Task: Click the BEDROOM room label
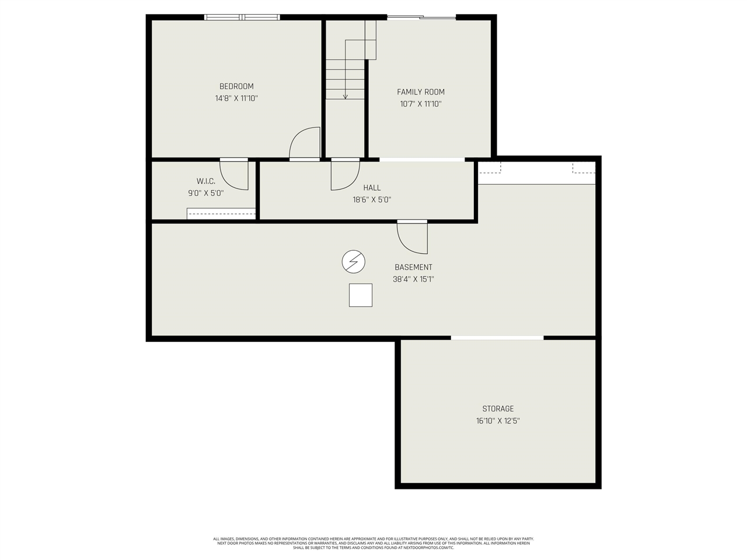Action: pyautogui.click(x=236, y=86)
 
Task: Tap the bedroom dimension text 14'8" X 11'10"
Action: pyautogui.click(x=236, y=99)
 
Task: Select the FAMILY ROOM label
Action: pyautogui.click(x=421, y=92)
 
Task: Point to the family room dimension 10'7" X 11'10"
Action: pyautogui.click(x=421, y=104)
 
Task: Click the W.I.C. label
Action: pyautogui.click(x=205, y=181)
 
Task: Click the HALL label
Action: pyautogui.click(x=372, y=187)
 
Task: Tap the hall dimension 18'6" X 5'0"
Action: pyautogui.click(x=372, y=199)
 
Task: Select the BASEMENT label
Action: pyautogui.click(x=413, y=267)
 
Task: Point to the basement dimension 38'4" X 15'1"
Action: pyautogui.click(x=413, y=279)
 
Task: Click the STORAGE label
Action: pyautogui.click(x=498, y=408)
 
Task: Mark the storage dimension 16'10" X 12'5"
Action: pyautogui.click(x=498, y=421)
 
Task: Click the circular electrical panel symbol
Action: pyautogui.click(x=353, y=262)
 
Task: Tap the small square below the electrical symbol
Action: pyautogui.click(x=361, y=295)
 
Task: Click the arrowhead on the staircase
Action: pyautogui.click(x=345, y=96)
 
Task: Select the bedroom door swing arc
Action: pyautogui.click(x=303, y=143)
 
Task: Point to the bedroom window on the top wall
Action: pyautogui.click(x=242, y=17)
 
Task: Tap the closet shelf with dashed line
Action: pyautogui.click(x=221, y=213)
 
